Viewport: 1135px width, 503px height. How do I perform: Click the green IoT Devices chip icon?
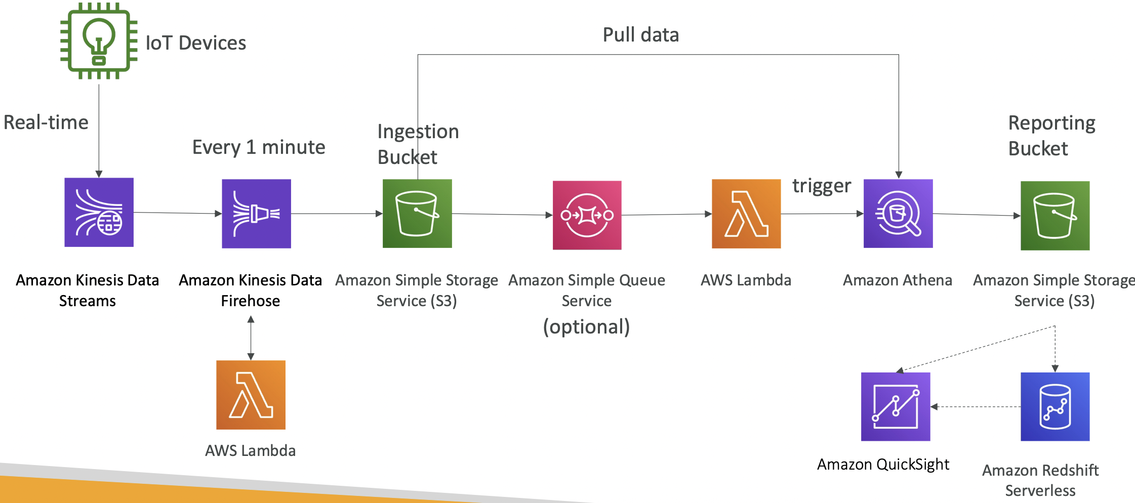coord(99,41)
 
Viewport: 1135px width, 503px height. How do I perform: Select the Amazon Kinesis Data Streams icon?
coord(99,212)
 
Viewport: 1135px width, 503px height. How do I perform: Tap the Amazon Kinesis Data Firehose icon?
coord(256,214)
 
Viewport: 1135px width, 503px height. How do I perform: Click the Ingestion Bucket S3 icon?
coord(417,214)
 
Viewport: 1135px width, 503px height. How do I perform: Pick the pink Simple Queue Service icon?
coord(587,215)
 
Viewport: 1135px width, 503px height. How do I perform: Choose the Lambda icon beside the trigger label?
coord(746,214)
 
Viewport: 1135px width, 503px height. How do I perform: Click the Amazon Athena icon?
coord(898,214)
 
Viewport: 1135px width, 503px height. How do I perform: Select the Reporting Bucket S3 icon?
coord(1055,216)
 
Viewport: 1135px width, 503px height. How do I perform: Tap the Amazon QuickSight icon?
coord(896,407)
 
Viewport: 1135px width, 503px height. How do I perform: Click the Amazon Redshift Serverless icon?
coord(1055,407)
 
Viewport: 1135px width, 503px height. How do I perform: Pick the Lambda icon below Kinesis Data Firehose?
coord(251,395)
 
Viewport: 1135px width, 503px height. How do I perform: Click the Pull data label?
coord(640,35)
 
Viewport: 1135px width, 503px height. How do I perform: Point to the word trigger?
coord(822,186)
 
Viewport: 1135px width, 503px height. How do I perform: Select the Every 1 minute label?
coord(259,147)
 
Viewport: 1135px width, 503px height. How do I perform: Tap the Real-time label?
coord(46,122)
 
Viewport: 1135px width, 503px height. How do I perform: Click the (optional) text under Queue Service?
coord(587,327)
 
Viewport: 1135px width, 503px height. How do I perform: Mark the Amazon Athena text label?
coord(898,280)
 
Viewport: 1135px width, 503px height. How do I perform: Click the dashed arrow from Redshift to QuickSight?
coord(976,407)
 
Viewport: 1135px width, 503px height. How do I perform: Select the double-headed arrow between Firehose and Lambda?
coord(251,338)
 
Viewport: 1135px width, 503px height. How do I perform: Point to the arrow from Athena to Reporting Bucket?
coord(977,215)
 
